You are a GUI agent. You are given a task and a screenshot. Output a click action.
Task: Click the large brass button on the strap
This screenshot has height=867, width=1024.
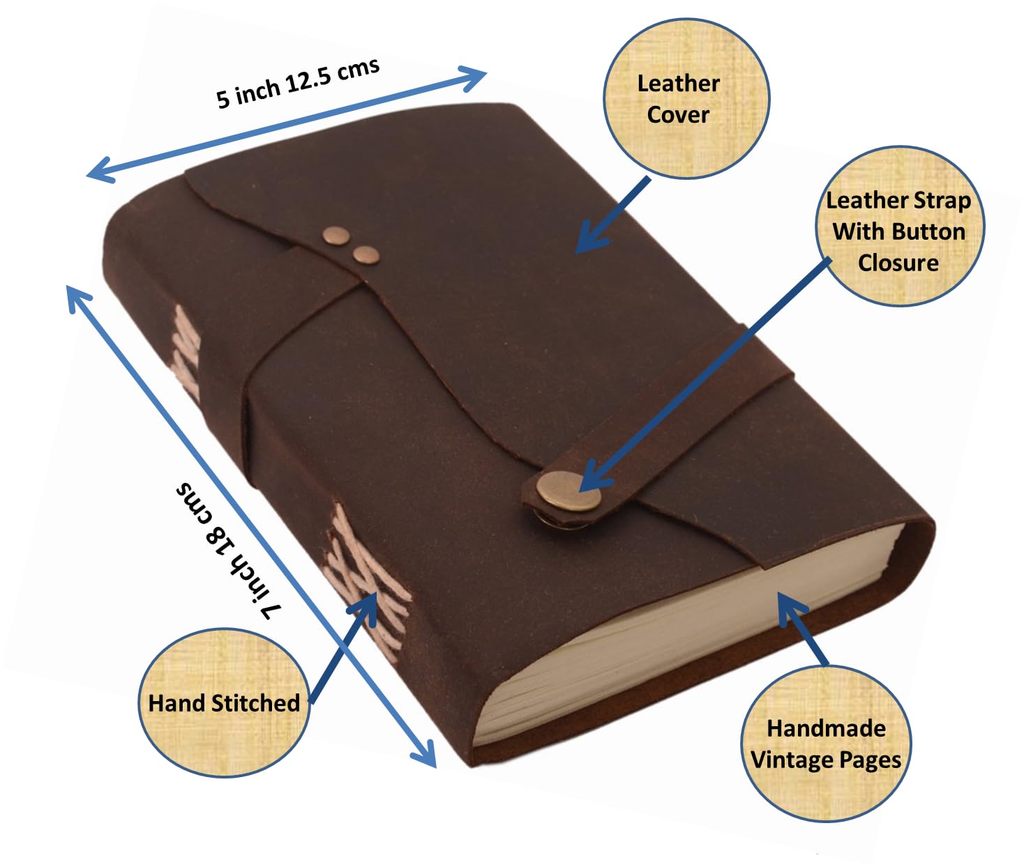pyautogui.click(x=569, y=491)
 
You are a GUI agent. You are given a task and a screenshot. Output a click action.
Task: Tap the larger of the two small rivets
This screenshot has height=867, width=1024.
pyautogui.click(x=337, y=236)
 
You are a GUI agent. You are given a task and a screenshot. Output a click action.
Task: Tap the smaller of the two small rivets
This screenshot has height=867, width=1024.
pyautogui.click(x=367, y=255)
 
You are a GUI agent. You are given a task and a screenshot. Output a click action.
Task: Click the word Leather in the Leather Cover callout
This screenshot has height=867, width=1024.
pyautogui.click(x=678, y=84)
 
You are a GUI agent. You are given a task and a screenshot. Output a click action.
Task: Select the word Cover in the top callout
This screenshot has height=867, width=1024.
pyautogui.click(x=678, y=115)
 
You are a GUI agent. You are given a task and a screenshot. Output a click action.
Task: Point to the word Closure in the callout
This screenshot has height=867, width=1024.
pyautogui.click(x=898, y=263)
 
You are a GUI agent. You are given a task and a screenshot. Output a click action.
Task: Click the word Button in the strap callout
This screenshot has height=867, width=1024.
pyautogui.click(x=927, y=231)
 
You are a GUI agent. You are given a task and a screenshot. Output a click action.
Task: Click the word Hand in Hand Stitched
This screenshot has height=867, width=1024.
pyautogui.click(x=179, y=703)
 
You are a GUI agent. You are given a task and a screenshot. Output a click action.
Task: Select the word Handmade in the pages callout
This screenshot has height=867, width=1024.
pyautogui.click(x=826, y=728)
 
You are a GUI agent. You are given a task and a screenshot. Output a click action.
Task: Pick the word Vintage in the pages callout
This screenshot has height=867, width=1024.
pyautogui.click(x=791, y=760)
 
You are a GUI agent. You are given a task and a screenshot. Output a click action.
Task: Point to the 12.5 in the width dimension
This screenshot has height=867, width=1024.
pyautogui.click(x=309, y=81)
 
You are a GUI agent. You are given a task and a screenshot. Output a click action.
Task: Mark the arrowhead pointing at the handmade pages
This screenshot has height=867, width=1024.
pyautogui.click(x=792, y=610)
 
